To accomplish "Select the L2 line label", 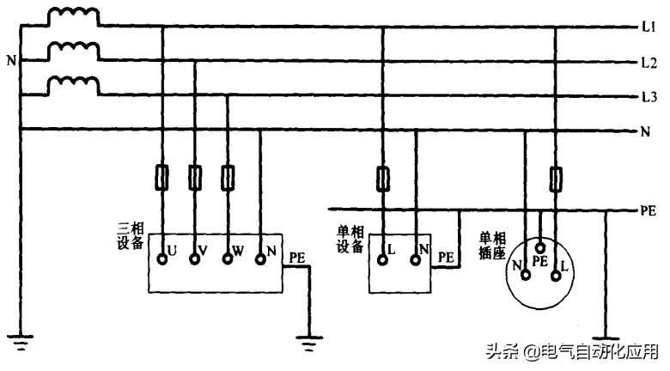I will pyautogui.click(x=649, y=62).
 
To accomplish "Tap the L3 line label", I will pyautogui.click(x=649, y=95).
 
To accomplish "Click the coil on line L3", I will pyautogui.click(x=72, y=86).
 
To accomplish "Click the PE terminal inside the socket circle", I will pyautogui.click(x=541, y=247).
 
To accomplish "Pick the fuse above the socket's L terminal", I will pyautogui.click(x=557, y=179).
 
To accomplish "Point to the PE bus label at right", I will pyautogui.click(x=649, y=210).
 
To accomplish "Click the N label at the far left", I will pyautogui.click(x=9, y=61).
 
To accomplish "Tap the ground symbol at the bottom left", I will pyautogui.click(x=19, y=344).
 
